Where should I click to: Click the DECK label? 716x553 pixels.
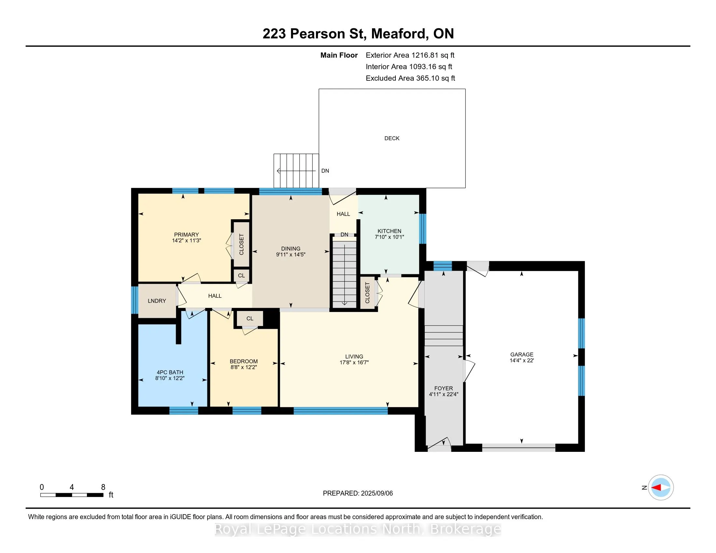(x=392, y=138)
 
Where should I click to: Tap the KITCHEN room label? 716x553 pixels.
(x=389, y=231)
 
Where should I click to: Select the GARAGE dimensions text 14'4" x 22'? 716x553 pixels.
(x=522, y=360)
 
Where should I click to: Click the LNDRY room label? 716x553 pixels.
(x=157, y=301)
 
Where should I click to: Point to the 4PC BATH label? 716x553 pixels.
(x=170, y=372)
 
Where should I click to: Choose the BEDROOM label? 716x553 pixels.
(x=243, y=361)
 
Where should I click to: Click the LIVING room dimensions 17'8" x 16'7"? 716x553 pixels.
(x=354, y=362)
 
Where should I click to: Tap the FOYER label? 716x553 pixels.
(x=444, y=388)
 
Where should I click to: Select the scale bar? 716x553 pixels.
(x=72, y=495)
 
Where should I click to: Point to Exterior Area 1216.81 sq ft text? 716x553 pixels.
(x=410, y=55)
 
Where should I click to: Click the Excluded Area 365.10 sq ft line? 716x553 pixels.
(x=410, y=78)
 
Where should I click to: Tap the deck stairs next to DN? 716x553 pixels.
(x=296, y=171)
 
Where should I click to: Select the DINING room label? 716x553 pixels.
(x=290, y=249)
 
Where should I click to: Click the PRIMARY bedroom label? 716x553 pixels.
(x=186, y=235)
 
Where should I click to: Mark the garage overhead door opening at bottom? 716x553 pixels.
(x=519, y=448)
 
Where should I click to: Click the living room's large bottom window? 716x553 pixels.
(x=341, y=411)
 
